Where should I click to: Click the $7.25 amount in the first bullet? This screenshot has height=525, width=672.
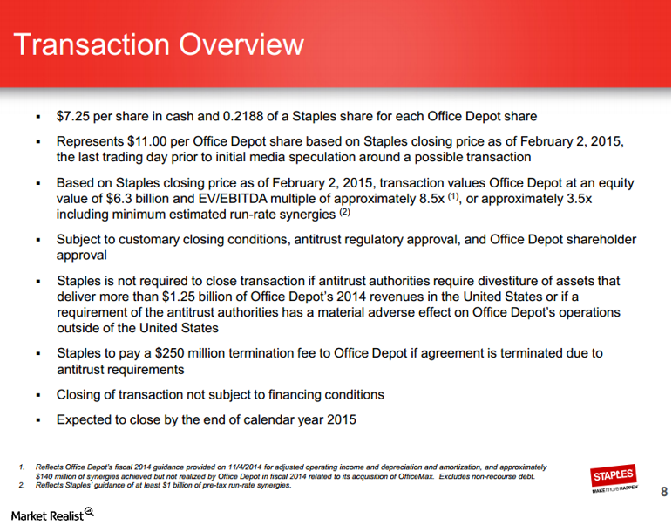72,116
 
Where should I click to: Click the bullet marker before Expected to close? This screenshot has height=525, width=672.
38,420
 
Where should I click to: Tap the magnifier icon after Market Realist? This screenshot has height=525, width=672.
89,513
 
